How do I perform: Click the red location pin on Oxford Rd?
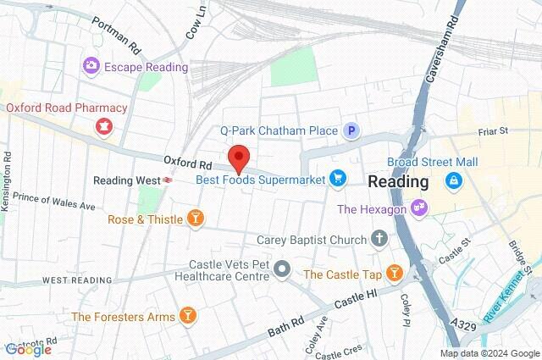[239, 158]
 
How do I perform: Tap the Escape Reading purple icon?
[91, 65]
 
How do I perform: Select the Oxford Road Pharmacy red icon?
[105, 127]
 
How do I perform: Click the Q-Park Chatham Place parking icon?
[351, 130]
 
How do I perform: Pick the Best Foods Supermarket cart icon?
[339, 178]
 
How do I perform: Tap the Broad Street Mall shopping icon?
[455, 180]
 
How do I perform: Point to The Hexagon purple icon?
[418, 208]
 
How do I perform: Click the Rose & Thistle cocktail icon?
[196, 219]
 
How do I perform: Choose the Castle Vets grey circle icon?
[283, 271]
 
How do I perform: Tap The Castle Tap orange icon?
[394, 274]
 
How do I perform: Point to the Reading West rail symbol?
[169, 180]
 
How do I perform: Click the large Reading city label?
[398, 182]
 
